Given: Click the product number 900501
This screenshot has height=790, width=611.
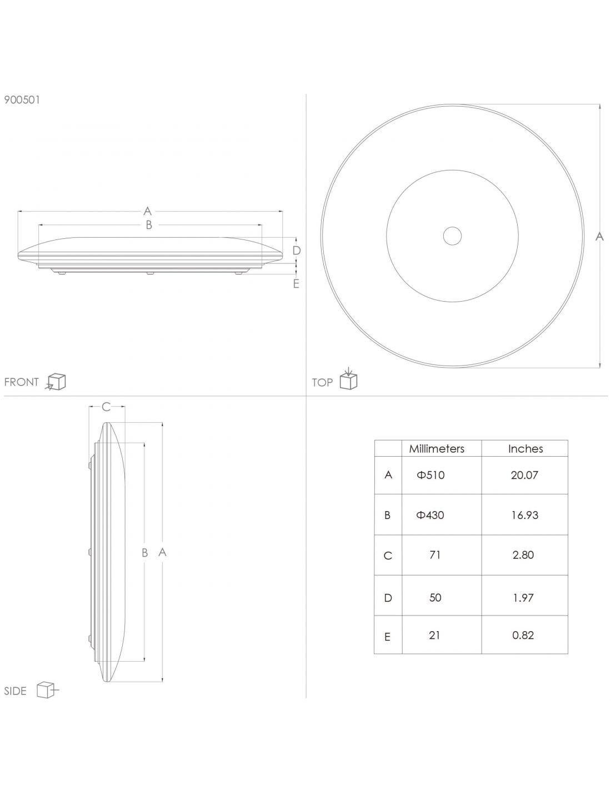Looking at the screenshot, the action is (22, 100).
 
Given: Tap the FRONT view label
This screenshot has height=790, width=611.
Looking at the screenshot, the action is (21, 382).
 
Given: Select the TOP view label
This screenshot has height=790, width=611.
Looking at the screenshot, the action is (322, 382).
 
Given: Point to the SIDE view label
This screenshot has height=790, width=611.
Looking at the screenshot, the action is (15, 691).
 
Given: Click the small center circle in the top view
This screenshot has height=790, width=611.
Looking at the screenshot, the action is (452, 236).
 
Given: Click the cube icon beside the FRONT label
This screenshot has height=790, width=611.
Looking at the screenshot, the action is (55, 382).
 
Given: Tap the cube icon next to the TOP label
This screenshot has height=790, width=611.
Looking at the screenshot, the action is (349, 379).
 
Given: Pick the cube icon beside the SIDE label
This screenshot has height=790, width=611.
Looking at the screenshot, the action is (48, 689).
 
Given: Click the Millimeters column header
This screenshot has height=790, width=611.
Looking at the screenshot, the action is (437, 449).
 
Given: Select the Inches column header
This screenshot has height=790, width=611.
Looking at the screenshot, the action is (525, 449).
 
